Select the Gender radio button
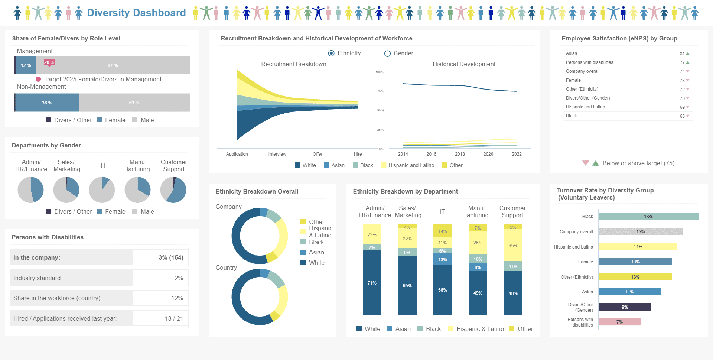click(387, 53)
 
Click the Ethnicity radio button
click(331, 53)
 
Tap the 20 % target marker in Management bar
click(49, 62)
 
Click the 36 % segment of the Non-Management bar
click(47, 103)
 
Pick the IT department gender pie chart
click(102, 190)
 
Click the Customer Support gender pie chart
click(173, 190)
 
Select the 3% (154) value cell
click(160, 257)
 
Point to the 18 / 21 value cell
click(160, 318)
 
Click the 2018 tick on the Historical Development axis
click(460, 154)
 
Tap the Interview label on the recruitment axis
click(277, 154)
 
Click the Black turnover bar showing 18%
click(648, 216)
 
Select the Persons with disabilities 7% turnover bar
click(619, 322)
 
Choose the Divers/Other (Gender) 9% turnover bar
click(625, 307)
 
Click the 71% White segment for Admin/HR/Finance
click(372, 283)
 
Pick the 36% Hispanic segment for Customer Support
click(513, 245)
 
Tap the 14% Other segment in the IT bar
click(443, 231)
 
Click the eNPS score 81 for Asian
click(682, 53)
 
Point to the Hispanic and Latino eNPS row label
click(585, 107)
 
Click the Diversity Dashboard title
click(136, 13)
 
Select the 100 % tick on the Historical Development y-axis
click(380, 72)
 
